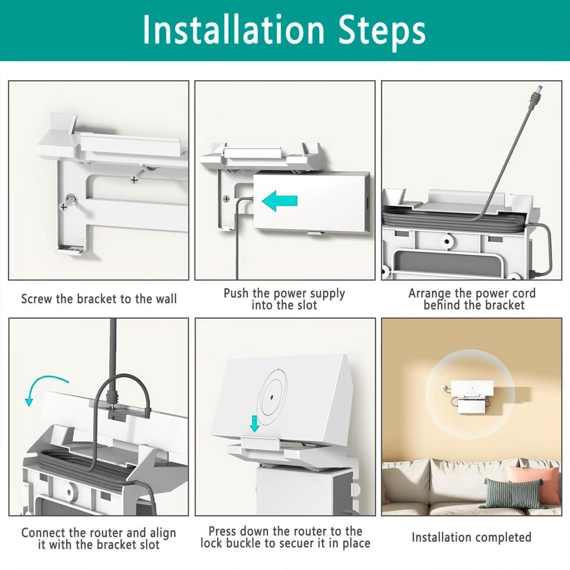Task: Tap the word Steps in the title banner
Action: pos(382,33)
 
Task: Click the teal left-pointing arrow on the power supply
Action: pos(280,201)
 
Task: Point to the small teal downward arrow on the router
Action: pos(254,423)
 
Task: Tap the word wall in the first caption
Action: pos(166,299)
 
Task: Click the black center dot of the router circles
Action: pos(272,397)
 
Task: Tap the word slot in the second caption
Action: pos(305,305)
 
